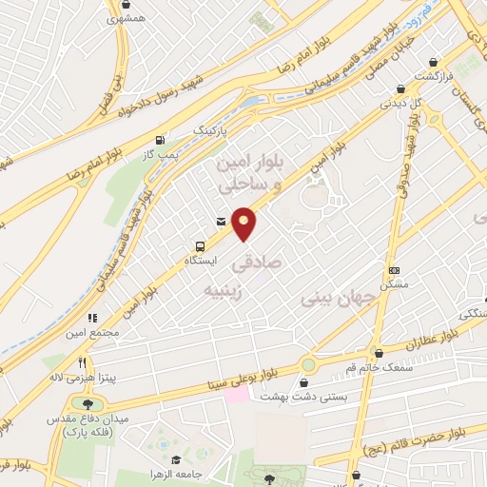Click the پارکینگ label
point(212,127)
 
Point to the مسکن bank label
point(393,284)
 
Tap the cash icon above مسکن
point(393,269)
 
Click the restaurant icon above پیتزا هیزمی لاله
point(85,362)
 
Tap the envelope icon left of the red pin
point(222,222)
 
